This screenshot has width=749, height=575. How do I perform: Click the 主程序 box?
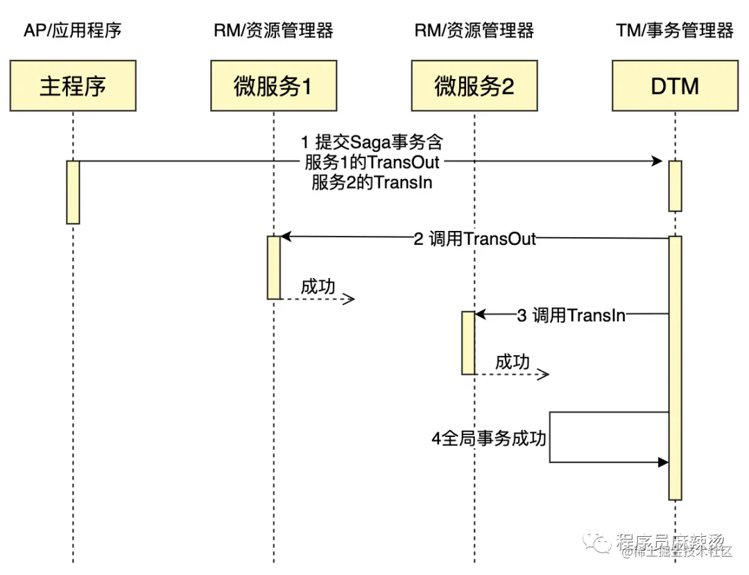point(73,86)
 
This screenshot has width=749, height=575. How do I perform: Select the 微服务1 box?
point(273,86)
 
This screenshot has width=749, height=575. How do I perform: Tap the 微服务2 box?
point(474,86)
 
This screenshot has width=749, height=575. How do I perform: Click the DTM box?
point(675,86)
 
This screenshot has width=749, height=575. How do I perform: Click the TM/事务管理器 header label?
point(674,31)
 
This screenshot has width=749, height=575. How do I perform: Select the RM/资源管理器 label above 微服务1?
point(273,31)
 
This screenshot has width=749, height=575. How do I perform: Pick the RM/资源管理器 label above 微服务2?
point(474,31)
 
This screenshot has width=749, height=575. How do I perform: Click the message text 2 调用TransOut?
point(474,239)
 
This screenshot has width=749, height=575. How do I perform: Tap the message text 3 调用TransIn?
point(571,315)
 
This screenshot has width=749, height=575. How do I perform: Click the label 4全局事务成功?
point(489,439)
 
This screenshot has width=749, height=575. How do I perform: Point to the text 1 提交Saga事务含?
point(372,142)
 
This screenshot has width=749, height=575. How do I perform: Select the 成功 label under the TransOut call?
point(318,286)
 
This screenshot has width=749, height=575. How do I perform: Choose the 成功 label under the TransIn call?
point(513,362)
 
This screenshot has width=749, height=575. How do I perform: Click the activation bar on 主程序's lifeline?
point(73,192)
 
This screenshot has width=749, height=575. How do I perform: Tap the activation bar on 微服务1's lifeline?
point(273,267)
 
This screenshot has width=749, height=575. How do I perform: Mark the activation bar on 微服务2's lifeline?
point(469,343)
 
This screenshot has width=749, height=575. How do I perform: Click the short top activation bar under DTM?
point(675,185)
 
